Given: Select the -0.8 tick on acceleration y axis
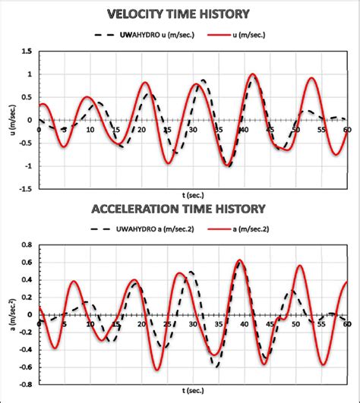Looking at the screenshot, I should [24, 384].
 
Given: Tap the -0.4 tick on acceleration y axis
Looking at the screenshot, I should [24, 349].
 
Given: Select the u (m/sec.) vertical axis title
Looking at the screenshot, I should [8, 120].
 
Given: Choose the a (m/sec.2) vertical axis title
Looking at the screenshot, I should [8, 315].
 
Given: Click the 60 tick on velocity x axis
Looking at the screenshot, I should [346, 128].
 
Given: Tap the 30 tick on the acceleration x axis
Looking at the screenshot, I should [193, 323].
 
